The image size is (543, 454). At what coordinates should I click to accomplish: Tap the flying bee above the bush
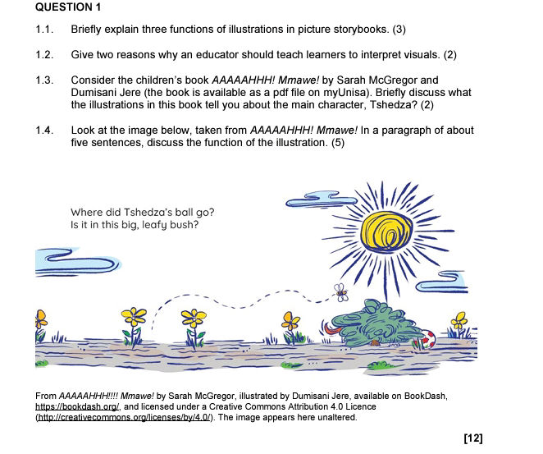click(x=340, y=290)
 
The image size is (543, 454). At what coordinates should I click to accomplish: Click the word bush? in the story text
click(x=184, y=224)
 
